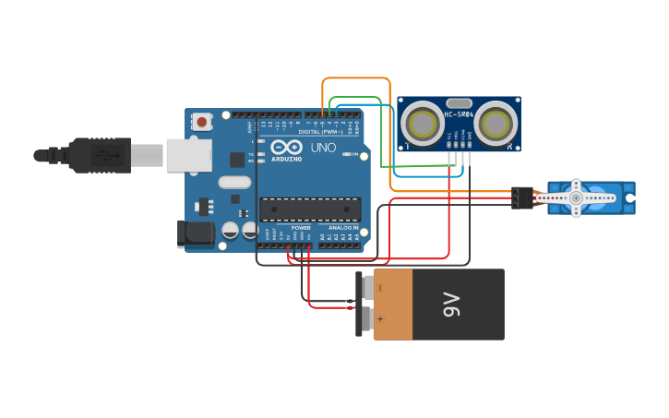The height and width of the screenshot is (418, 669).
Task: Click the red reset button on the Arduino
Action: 201,121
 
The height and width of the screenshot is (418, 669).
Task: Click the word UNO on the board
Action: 323,148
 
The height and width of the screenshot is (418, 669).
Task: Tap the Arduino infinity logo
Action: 286,147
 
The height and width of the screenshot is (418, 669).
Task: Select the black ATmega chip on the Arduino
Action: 310,209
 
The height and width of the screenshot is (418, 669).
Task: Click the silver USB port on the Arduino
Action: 189,155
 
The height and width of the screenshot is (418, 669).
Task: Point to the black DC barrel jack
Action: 195,233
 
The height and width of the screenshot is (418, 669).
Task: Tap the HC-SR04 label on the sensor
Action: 459,114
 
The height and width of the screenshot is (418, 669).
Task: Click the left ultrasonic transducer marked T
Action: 423,123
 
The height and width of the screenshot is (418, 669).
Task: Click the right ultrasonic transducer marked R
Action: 496,123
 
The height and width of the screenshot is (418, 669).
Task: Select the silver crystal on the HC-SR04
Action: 459,103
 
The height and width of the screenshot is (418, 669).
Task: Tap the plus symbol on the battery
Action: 379,318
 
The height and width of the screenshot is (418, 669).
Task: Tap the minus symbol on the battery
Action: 379,288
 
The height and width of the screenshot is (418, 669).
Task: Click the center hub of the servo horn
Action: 576,197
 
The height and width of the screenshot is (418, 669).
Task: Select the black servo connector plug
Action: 523,197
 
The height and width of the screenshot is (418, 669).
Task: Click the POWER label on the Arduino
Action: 301,227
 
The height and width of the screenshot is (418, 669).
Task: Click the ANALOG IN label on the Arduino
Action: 343,227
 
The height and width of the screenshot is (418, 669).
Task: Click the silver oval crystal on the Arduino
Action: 234,183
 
